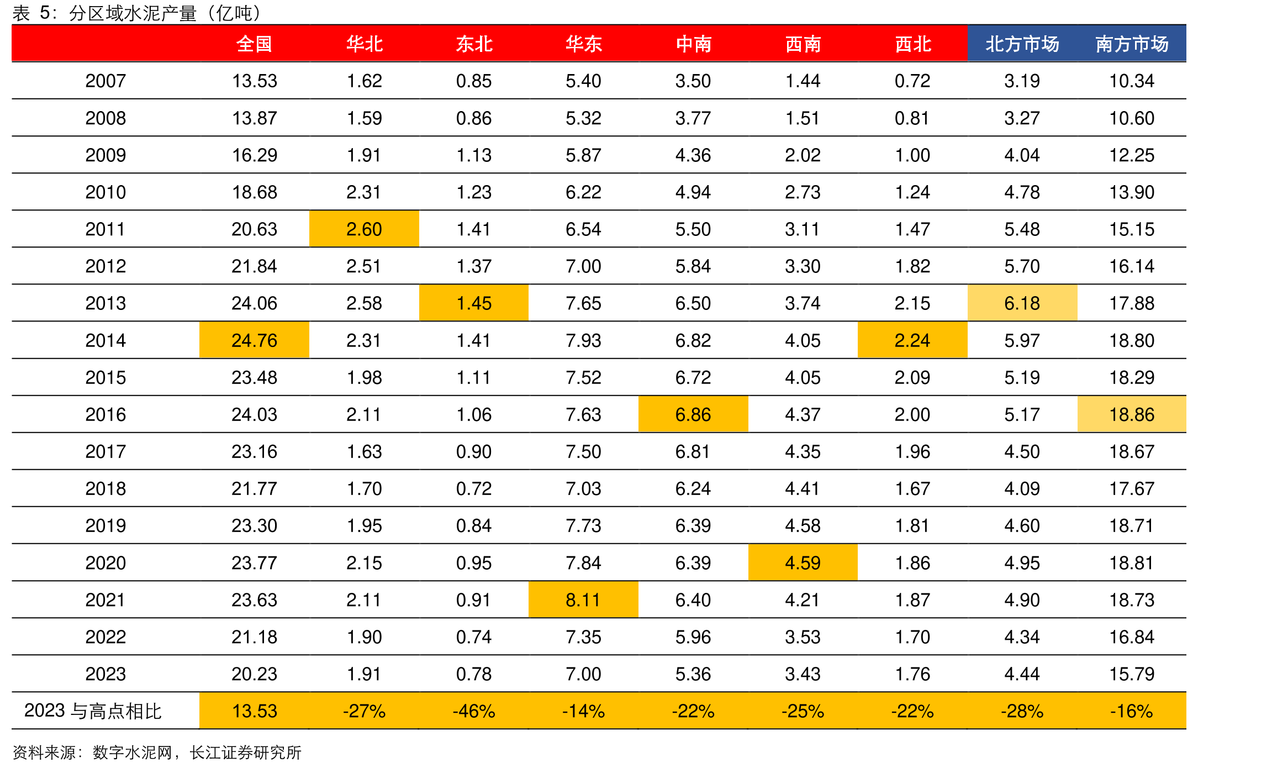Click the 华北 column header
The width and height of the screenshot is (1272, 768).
coord(364,44)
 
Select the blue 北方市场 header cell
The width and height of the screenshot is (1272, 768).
coord(1022,44)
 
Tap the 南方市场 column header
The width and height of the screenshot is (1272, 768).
coord(1132,44)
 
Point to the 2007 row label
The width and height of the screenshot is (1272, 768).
coord(105,81)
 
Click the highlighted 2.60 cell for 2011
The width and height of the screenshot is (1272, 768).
coord(364,229)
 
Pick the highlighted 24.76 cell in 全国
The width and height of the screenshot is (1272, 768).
coord(254,340)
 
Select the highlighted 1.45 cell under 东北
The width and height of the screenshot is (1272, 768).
coord(474,303)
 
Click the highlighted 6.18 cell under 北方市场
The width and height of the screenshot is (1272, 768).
coord(1022,303)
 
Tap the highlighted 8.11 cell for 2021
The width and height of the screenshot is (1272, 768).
coord(583,599)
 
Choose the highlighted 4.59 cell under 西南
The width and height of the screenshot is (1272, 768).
coord(803,562)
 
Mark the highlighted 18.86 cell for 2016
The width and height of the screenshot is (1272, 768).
coord(1132,414)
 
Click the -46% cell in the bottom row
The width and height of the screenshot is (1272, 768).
coord(474,711)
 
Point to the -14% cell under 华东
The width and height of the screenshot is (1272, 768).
coord(583,711)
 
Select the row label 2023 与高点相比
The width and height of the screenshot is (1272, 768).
coord(93,711)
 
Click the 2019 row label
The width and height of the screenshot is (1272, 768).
coord(105,525)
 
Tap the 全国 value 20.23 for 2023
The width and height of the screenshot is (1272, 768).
coord(254,674)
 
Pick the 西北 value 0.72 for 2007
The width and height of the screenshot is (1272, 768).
coord(912,81)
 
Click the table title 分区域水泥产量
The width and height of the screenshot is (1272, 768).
coord(133,13)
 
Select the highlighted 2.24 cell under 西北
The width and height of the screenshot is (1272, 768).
coord(912,340)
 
